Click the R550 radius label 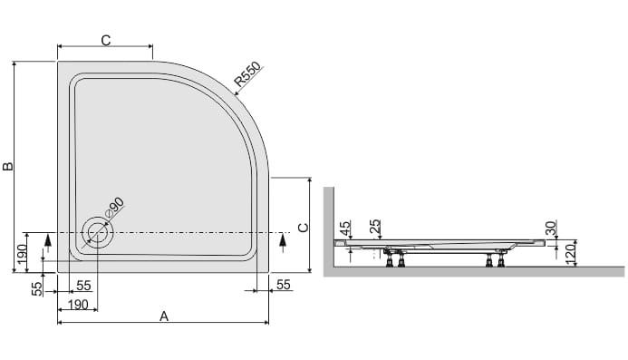click(x=247, y=74)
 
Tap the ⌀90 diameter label click(x=114, y=208)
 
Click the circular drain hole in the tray click(x=97, y=233)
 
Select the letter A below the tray click(x=164, y=316)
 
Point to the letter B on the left click(x=8, y=166)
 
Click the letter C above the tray click(x=106, y=41)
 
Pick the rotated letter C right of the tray click(x=304, y=228)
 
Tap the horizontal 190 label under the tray click(x=78, y=305)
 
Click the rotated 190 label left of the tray click(x=21, y=253)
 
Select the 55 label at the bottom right click(x=283, y=285)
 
